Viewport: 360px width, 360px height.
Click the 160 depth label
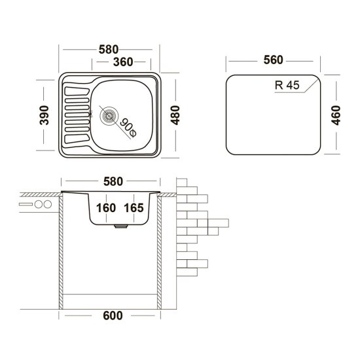point(105,207)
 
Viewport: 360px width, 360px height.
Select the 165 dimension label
point(133,207)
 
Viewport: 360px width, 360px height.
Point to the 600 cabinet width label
point(113,315)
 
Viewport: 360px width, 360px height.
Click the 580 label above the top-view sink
point(110,48)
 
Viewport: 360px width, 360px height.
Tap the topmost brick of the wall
point(183,182)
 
